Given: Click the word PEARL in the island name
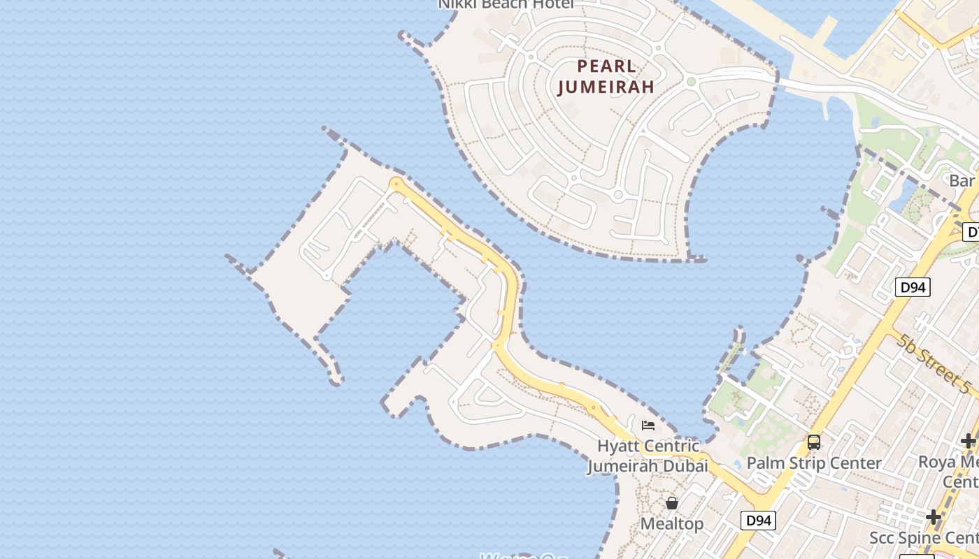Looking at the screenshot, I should tap(607, 66).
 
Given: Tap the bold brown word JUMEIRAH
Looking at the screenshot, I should tap(607, 87).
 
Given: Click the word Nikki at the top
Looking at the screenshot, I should tap(459, 4).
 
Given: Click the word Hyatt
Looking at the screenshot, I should tap(617, 446).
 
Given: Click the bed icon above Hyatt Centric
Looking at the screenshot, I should tap(648, 425).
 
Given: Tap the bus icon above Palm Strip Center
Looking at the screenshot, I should tap(814, 442).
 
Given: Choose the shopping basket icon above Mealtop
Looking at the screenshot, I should tap(672, 503).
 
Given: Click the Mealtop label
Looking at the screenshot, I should tap(672, 523).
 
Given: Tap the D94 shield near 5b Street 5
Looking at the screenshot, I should tap(913, 286).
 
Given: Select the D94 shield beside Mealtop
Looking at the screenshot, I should tap(759, 520).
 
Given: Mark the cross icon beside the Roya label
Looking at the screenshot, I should tap(968, 441).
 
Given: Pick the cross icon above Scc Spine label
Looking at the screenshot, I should tap(934, 517).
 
